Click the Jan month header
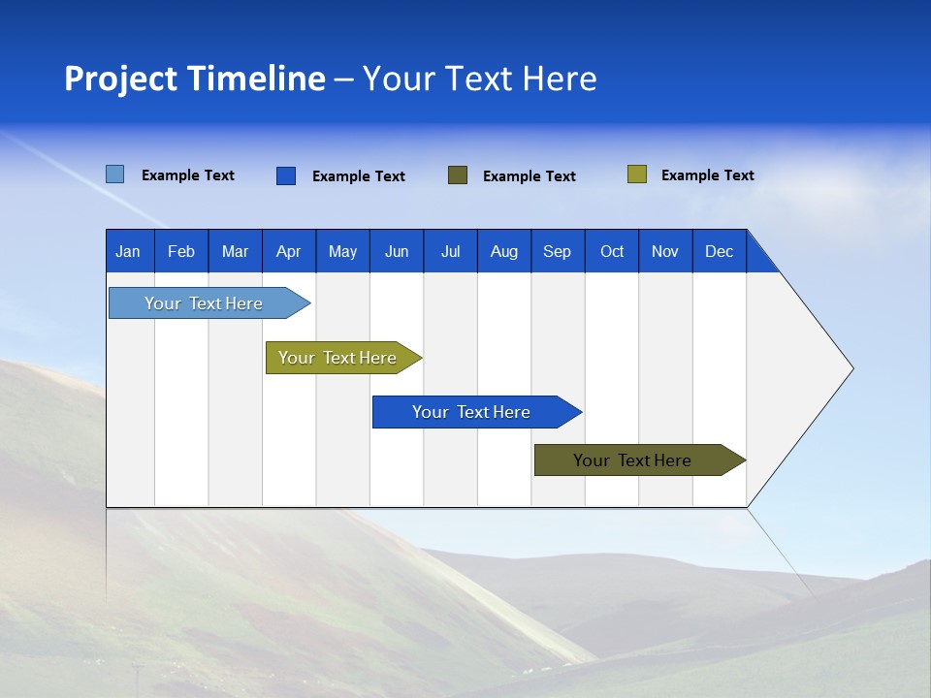[x=128, y=251]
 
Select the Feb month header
[x=181, y=251]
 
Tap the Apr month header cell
[x=289, y=251]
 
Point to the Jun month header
[x=397, y=251]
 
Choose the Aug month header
[x=504, y=251]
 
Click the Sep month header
[x=558, y=251]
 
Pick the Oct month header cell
[x=612, y=251]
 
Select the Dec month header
[x=720, y=251]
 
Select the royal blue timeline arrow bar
[x=472, y=412]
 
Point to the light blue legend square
[x=115, y=174]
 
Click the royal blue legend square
[x=286, y=175]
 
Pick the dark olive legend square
[x=458, y=174]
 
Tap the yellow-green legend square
[x=637, y=174]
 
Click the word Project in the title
[x=122, y=79]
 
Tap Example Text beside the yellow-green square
[x=708, y=175]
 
